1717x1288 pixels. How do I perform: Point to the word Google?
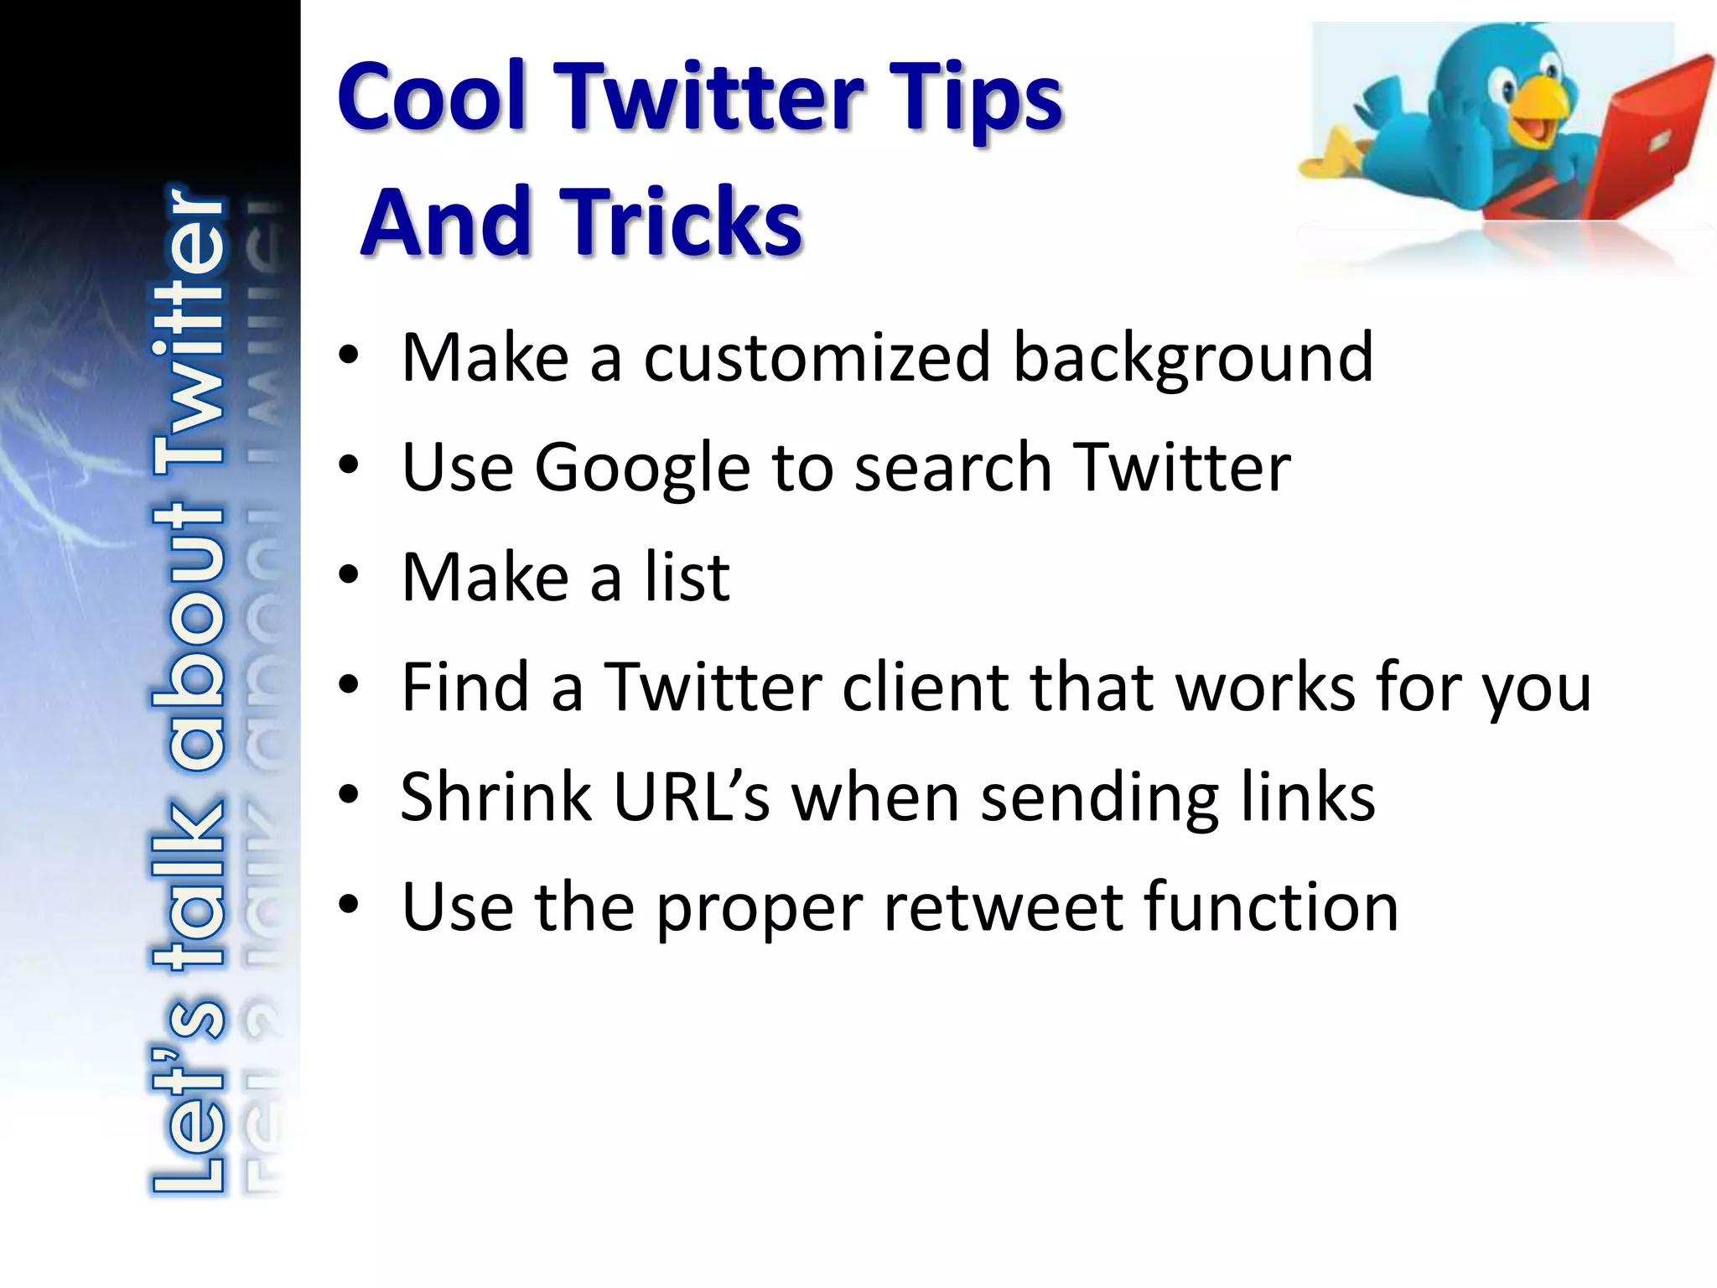642,468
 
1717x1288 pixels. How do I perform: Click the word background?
1193,358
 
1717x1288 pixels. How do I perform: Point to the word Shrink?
496,797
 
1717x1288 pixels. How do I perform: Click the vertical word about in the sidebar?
188,637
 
